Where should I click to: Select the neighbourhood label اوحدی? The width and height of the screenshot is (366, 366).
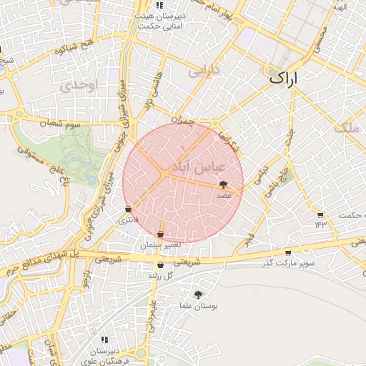[x=78, y=85]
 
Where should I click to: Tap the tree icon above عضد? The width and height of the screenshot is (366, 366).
[x=223, y=184]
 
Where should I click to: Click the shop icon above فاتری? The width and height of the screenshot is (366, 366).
[x=128, y=209]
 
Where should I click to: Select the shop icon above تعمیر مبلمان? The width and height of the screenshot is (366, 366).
[x=160, y=234]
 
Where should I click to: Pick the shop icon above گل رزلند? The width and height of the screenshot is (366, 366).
[x=159, y=265]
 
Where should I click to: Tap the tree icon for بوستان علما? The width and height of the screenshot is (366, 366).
[x=197, y=293]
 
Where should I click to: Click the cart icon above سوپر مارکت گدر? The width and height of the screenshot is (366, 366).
[x=287, y=252]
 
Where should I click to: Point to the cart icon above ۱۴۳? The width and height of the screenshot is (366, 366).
[x=320, y=214]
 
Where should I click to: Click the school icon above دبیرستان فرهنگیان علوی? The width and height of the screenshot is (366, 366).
[x=104, y=340]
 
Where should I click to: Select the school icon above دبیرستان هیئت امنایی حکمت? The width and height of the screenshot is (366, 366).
[x=158, y=4]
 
